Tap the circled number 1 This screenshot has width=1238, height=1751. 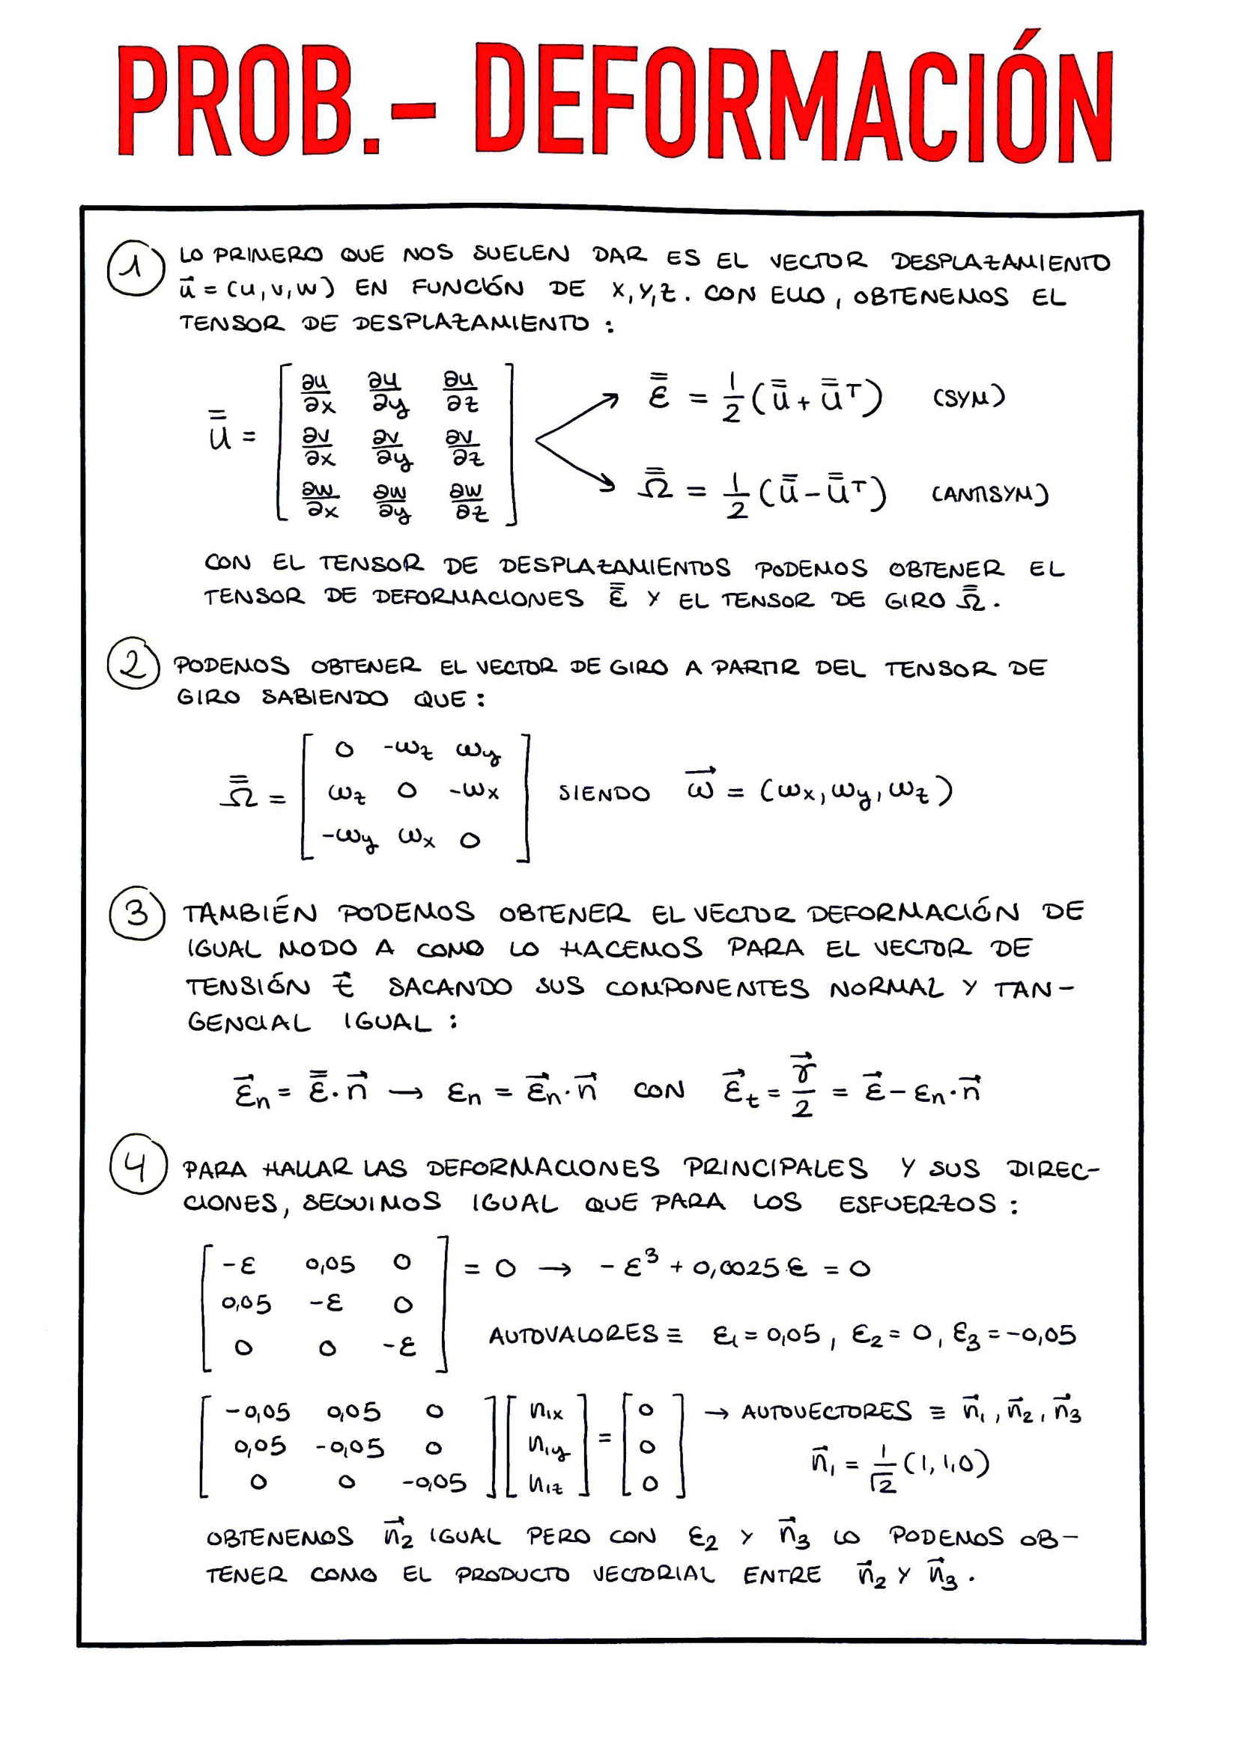pyautogui.click(x=135, y=269)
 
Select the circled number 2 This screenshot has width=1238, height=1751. pyautogui.click(x=133, y=664)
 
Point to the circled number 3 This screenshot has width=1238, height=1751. pyautogui.click(x=137, y=913)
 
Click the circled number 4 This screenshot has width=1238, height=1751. pyautogui.click(x=137, y=1164)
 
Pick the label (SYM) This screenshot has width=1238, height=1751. pyautogui.click(x=968, y=398)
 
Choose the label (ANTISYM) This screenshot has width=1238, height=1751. pyautogui.click(x=989, y=494)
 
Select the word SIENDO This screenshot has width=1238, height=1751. pyautogui.click(x=604, y=794)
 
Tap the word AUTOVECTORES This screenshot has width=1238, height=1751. pyautogui.click(x=826, y=1413)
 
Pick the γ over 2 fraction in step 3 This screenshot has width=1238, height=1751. pyautogui.click(x=801, y=1087)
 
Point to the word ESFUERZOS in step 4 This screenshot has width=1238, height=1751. pyautogui.click(x=917, y=1205)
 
